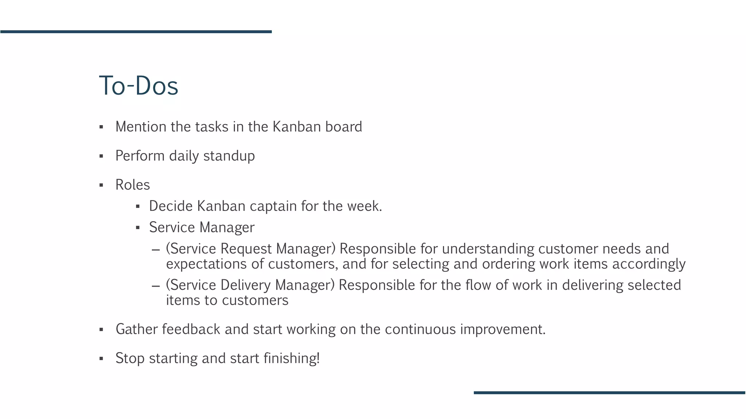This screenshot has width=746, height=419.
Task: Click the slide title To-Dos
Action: (x=138, y=86)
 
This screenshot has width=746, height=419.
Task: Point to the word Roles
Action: (x=133, y=185)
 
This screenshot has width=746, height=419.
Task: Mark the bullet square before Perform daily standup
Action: (x=101, y=156)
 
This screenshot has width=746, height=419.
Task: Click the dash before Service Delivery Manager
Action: (x=156, y=286)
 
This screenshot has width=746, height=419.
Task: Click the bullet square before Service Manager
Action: (x=138, y=228)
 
